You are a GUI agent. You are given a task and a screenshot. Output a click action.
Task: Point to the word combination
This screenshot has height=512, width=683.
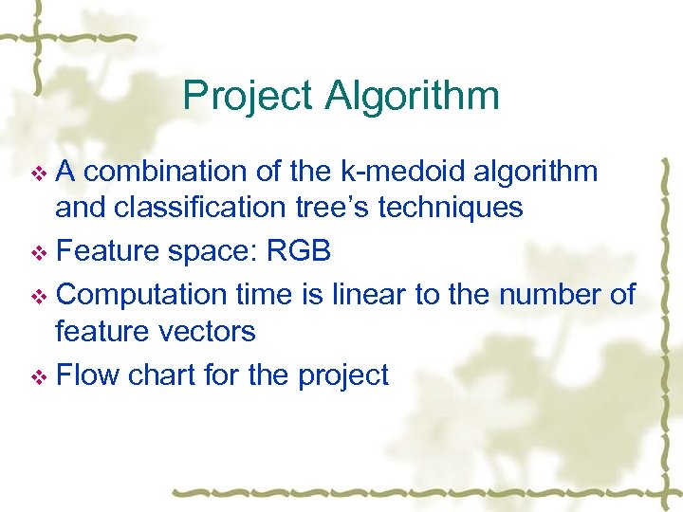(x=170, y=171)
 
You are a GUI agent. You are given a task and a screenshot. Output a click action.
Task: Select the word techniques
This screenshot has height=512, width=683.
(x=451, y=208)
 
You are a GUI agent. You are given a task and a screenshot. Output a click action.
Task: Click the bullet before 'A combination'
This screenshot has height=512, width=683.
(x=39, y=173)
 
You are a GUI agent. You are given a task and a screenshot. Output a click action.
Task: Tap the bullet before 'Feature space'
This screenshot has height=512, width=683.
(x=39, y=252)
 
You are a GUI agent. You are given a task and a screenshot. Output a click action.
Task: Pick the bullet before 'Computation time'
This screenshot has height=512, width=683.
(x=39, y=296)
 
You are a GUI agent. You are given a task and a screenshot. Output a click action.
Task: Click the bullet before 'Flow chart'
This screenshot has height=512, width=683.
(x=39, y=376)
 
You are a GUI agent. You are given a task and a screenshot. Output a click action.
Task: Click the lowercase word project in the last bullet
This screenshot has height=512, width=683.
(x=342, y=375)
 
